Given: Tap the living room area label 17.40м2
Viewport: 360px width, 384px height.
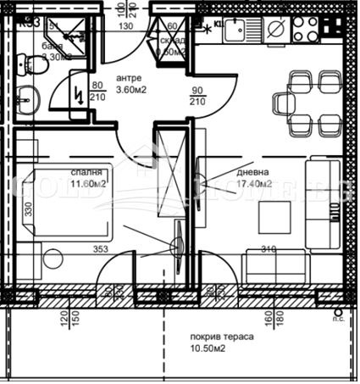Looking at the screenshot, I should [x=254, y=183].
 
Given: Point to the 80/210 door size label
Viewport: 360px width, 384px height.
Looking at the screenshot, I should [x=97, y=90].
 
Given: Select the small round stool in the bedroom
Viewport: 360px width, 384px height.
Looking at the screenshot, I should [x=178, y=247].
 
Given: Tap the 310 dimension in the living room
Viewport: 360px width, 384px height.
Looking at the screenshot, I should [x=269, y=248].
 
